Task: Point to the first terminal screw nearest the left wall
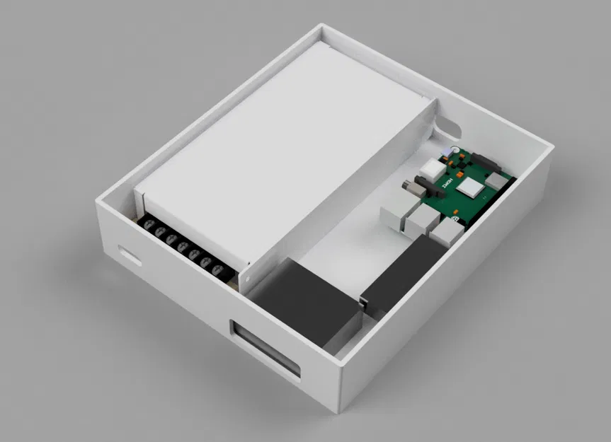click(x=149, y=226)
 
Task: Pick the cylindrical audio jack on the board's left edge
click(x=411, y=188)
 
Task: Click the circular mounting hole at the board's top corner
click(x=450, y=150)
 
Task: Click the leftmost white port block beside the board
click(x=394, y=215)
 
